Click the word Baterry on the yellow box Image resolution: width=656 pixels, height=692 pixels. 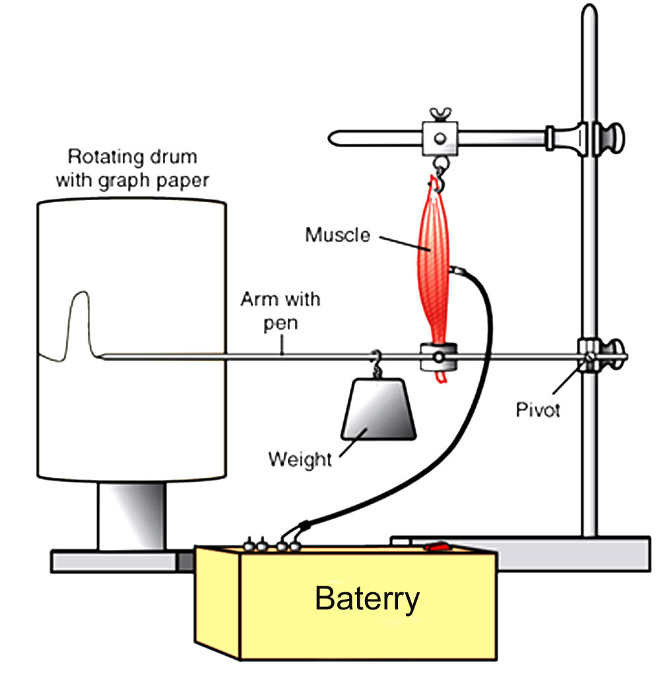click(367, 599)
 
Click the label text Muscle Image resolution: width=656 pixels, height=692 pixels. click(337, 234)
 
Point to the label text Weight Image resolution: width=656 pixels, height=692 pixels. click(300, 458)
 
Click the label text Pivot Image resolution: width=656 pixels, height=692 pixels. click(538, 409)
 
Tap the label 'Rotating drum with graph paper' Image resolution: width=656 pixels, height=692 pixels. click(132, 168)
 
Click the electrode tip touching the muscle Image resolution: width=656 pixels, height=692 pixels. click(455, 271)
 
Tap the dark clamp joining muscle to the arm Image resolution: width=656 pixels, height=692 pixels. click(438, 357)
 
